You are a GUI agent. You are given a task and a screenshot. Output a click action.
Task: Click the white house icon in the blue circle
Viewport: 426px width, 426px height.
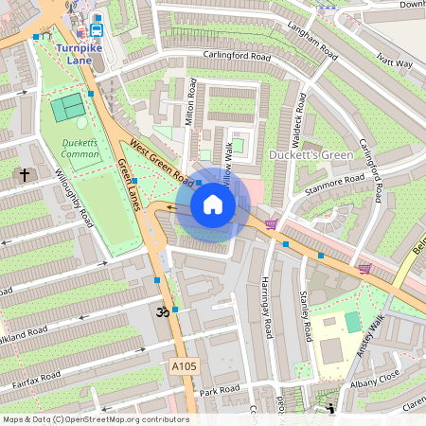[213, 204]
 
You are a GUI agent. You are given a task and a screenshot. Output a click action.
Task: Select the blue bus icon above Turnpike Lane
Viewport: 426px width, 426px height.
[97, 29]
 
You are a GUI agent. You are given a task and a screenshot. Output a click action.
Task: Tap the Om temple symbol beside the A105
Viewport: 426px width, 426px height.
[161, 311]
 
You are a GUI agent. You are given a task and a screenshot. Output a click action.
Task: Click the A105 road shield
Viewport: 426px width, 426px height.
[185, 365]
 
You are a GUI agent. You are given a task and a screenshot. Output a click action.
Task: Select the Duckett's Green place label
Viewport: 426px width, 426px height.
[310, 154]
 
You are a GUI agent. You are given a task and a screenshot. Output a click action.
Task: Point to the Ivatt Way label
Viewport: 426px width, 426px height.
[394, 63]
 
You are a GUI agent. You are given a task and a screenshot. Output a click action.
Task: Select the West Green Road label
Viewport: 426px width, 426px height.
[158, 159]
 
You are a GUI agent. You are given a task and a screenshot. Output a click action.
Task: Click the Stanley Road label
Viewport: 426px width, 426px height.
[306, 317]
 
